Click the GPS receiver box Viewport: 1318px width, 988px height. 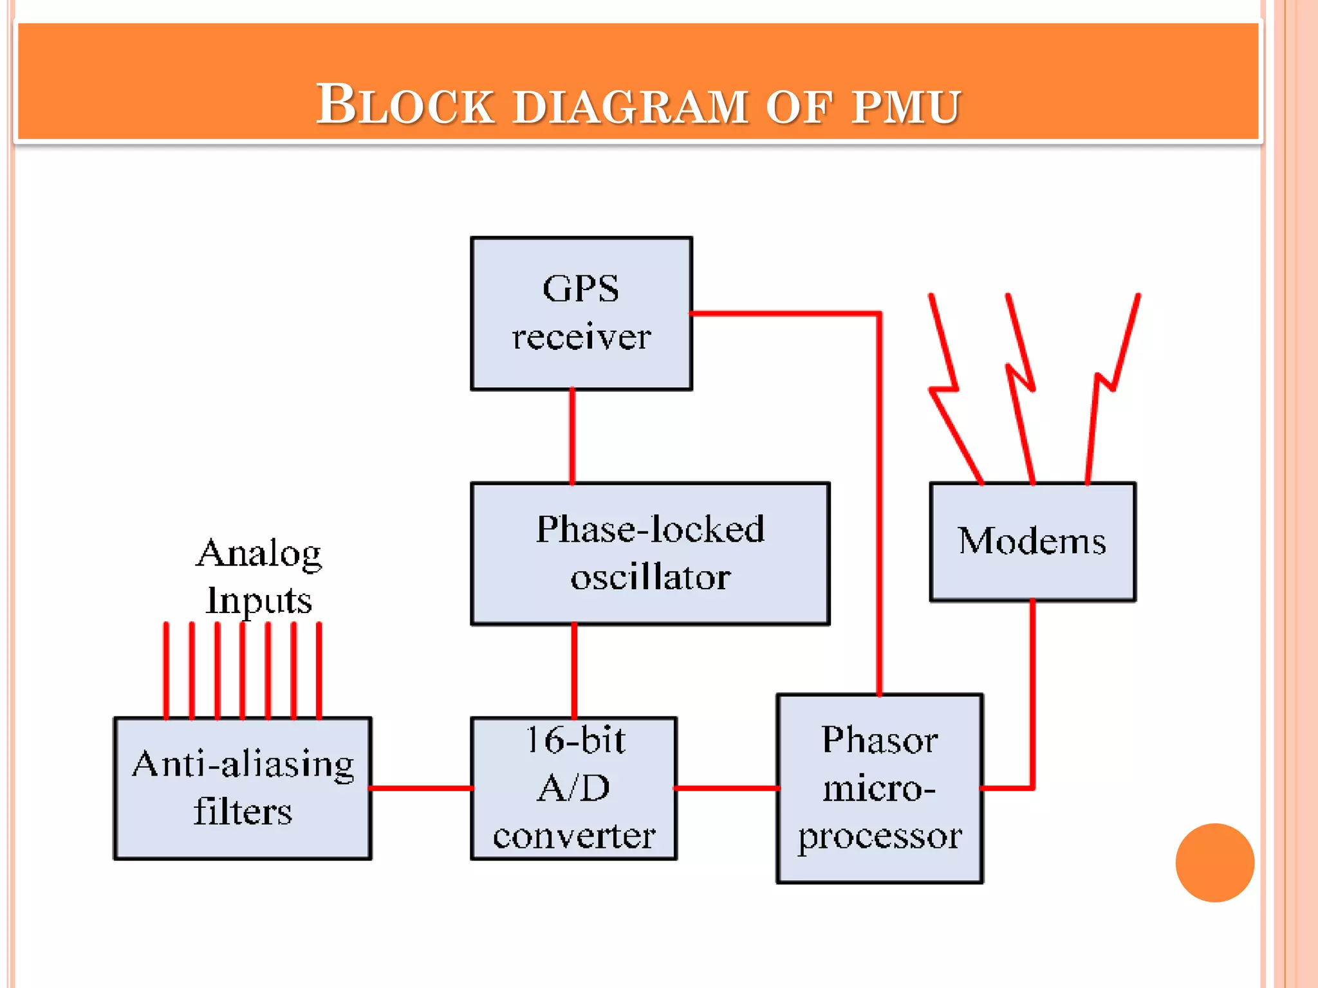coord(581,313)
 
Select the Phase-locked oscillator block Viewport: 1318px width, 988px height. coord(650,553)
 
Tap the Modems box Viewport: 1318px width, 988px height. coord(1032,542)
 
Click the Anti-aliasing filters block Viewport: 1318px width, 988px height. coord(243,788)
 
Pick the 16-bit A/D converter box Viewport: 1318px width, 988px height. coord(573,788)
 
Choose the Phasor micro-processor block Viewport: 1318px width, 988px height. coord(879,788)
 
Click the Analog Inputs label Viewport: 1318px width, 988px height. coord(259,576)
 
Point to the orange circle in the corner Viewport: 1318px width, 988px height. coord(1214,863)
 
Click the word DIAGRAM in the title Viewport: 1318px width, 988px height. coord(631,107)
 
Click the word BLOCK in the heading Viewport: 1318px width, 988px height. coord(405,105)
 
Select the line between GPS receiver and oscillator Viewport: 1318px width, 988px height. coord(572,436)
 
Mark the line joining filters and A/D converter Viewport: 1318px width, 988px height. coord(422,788)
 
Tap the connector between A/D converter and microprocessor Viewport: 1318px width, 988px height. coord(727,788)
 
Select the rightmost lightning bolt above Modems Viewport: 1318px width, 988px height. coord(1111,386)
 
